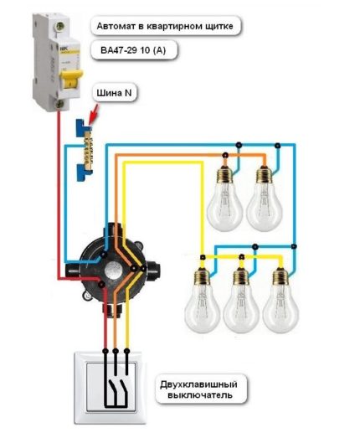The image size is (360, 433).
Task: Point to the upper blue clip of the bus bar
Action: [84, 127]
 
